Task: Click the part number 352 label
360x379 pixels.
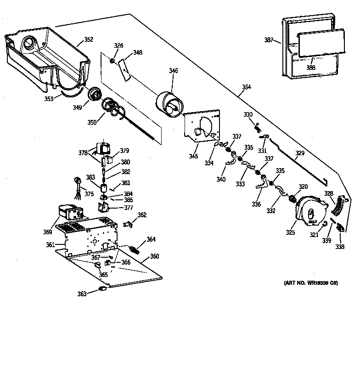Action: pos(88,40)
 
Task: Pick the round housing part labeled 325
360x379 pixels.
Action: pos(309,211)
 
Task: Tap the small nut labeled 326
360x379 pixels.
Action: pos(112,60)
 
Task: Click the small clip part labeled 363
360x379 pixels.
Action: pos(102,289)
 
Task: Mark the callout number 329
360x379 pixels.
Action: pos(299,153)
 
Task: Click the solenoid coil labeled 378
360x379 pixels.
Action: pos(102,149)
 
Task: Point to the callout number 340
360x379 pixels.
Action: pos(221,179)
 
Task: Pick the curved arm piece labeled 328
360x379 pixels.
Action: pos(337,206)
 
